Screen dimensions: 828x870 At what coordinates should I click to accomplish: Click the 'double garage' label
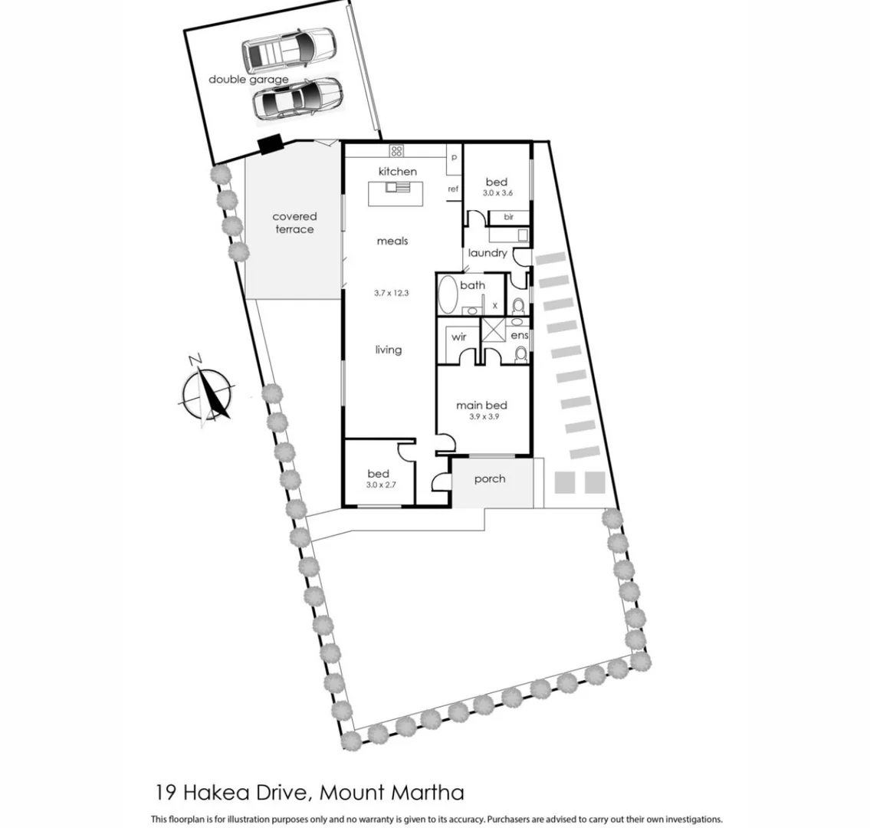(x=248, y=80)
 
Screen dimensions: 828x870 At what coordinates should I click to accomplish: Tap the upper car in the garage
(x=287, y=48)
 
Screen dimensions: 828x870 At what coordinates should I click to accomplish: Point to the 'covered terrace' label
(x=294, y=223)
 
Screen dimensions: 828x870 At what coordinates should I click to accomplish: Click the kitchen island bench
(x=398, y=193)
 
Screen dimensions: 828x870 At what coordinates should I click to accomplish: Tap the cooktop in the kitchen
(x=397, y=149)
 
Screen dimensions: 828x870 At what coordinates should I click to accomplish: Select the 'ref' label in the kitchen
(x=453, y=189)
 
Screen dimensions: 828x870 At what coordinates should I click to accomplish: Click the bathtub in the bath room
(x=447, y=294)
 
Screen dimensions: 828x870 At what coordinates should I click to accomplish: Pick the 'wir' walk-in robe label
(x=458, y=337)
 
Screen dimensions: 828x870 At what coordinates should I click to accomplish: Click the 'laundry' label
(x=487, y=253)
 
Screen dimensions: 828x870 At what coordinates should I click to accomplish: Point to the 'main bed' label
(x=481, y=406)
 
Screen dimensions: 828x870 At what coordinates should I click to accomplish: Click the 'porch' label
(x=490, y=479)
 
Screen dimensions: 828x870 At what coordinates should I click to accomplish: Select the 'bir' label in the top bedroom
(x=508, y=218)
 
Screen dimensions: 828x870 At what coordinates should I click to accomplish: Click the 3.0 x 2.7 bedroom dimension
(x=378, y=485)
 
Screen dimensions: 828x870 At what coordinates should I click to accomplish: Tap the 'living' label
(x=388, y=350)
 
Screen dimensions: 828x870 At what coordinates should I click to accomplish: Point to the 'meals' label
(x=392, y=242)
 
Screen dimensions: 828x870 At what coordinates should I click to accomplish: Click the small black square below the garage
(x=269, y=144)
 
